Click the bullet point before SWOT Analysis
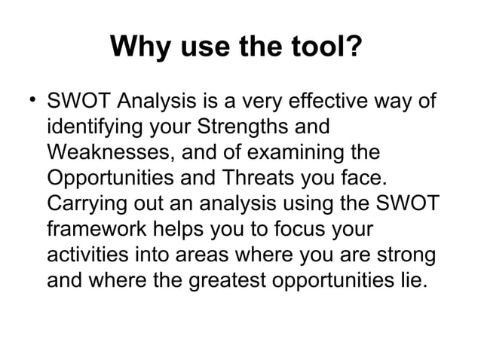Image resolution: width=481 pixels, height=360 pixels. point(29,100)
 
